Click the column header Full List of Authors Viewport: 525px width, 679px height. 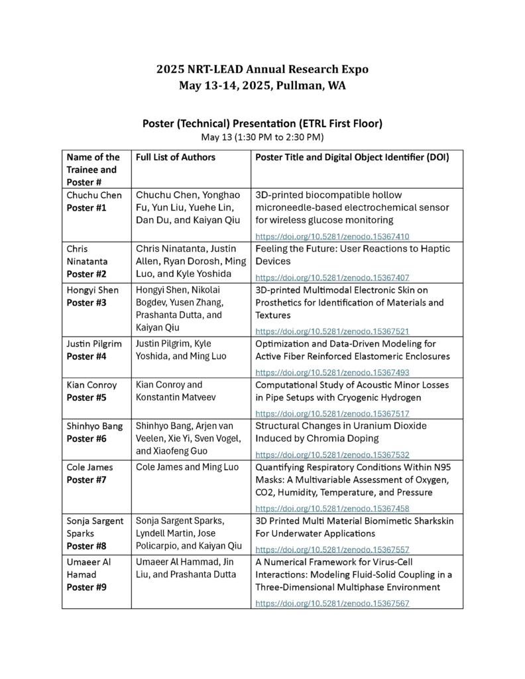pos(175,158)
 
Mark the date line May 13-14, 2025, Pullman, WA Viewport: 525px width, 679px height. pos(262,85)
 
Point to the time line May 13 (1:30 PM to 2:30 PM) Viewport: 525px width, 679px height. pos(262,137)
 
